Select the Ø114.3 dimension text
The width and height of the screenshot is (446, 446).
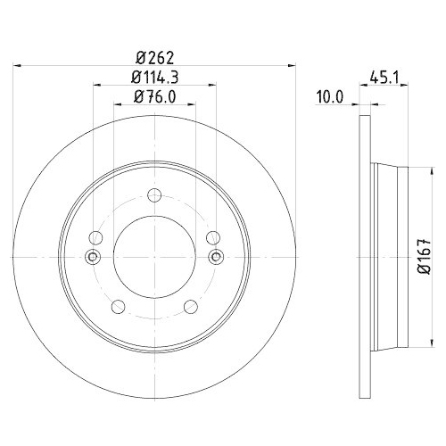coord(154,77)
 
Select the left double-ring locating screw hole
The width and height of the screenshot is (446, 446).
coord(92,257)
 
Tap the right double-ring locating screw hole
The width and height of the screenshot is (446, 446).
coord(214,257)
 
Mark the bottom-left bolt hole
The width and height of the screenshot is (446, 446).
coord(117,308)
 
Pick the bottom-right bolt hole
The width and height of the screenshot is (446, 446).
coord(191,308)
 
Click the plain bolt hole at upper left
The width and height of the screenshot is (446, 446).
coord(96,237)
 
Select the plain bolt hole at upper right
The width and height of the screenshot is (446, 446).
coord(212,237)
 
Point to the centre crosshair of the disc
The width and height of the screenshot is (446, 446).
coord(154,257)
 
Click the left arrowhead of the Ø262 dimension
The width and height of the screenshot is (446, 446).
coord(20,64)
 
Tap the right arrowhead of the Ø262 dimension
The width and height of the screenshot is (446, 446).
coord(290,64)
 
